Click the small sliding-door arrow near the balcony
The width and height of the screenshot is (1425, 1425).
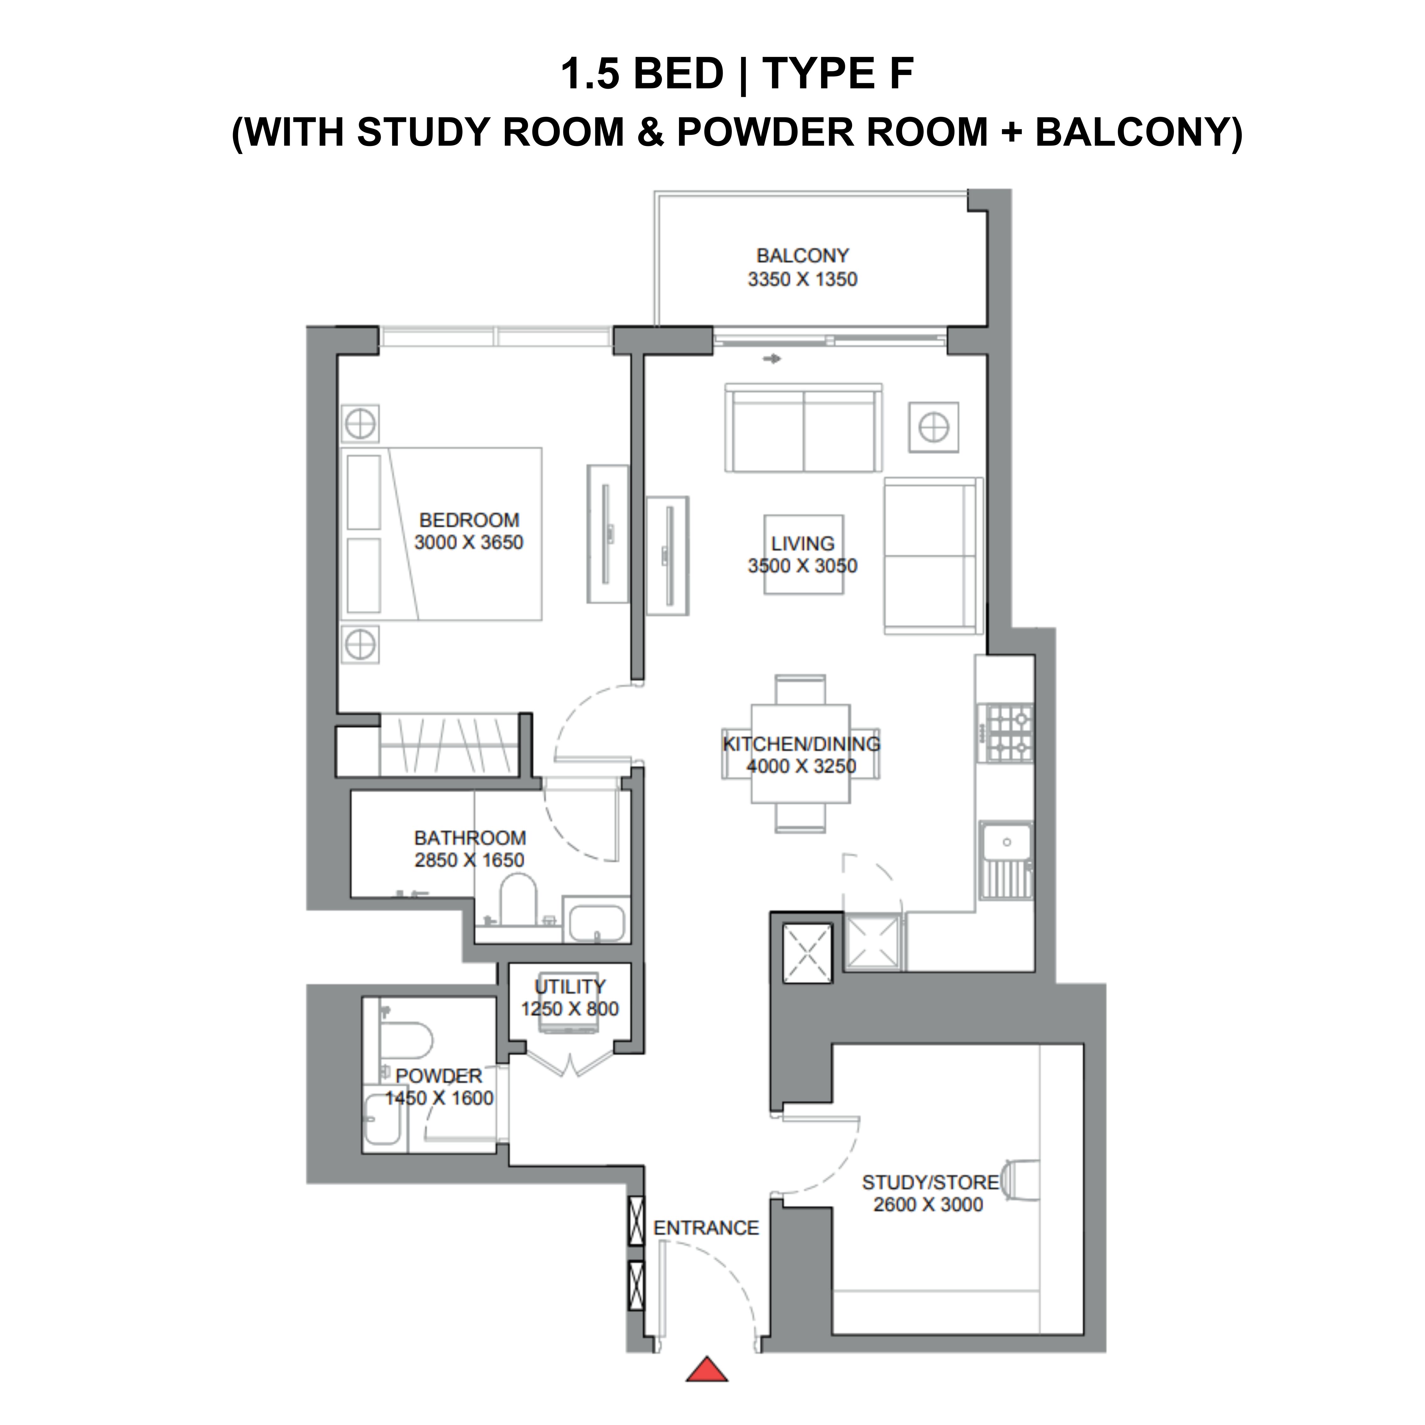point(771,359)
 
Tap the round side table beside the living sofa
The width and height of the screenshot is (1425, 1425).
point(934,427)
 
